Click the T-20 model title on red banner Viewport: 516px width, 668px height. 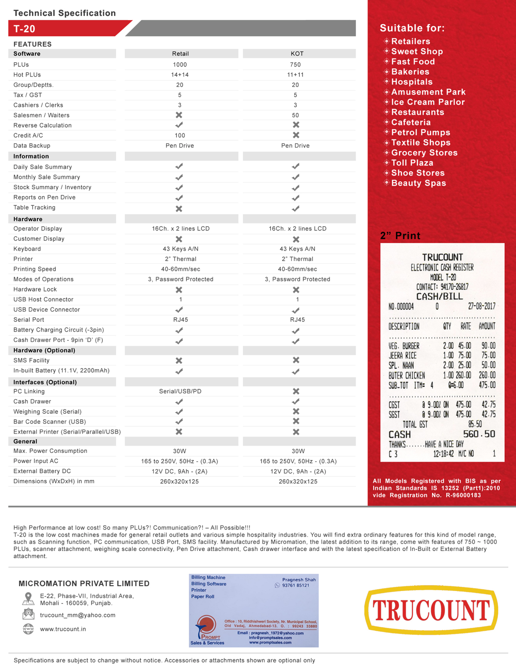25,29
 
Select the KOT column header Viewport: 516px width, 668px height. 297,54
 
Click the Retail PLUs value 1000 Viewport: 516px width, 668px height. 180,65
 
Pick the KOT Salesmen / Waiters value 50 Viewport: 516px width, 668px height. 295,115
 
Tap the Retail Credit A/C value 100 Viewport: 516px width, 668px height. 180,135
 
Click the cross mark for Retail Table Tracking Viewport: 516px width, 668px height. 179,209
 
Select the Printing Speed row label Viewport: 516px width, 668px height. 35,269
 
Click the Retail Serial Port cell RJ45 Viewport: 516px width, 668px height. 180,320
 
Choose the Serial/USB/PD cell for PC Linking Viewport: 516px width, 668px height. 180,391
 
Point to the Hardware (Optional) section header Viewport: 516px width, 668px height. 44,351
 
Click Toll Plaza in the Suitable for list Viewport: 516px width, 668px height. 412,163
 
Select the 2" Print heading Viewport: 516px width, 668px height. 400,236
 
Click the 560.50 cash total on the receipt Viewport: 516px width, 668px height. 479,434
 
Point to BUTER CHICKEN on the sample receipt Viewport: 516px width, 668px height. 406,376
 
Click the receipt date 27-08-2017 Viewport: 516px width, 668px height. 482,306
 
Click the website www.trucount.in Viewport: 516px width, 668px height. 63,629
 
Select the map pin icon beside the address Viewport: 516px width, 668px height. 28,598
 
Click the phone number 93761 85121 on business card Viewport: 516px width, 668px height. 295,585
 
